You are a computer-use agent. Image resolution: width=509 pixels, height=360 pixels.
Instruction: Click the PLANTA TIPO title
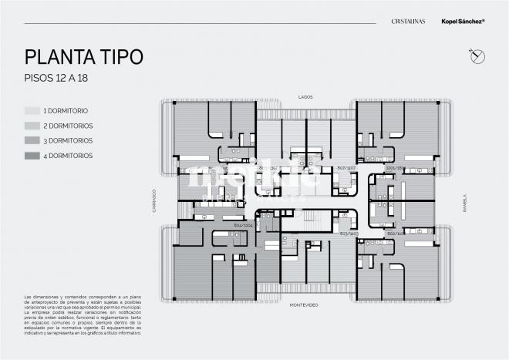83,57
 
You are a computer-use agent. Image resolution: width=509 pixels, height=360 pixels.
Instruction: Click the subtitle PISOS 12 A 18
59,79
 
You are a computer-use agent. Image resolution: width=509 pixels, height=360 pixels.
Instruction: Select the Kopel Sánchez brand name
460,22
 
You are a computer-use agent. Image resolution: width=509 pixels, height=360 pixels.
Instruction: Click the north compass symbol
477,55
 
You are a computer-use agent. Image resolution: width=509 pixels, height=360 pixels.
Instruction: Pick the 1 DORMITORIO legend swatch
32,111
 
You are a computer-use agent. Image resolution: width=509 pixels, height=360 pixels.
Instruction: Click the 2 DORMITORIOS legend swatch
32,126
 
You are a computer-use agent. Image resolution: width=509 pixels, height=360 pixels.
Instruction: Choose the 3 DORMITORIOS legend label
68,140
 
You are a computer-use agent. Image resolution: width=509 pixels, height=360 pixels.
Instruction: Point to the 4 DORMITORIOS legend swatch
32,156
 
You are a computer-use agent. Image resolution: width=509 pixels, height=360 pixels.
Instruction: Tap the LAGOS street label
305,97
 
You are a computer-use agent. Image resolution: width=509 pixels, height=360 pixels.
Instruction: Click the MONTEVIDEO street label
305,304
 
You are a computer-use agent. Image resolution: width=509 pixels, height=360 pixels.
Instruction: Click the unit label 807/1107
346,167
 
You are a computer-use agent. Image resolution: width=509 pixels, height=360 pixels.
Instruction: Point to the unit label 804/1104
244,225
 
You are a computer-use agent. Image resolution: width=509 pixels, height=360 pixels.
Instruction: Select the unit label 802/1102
396,233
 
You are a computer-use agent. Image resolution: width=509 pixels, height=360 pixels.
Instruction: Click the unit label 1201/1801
396,167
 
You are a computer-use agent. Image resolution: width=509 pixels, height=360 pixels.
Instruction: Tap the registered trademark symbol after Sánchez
484,21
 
